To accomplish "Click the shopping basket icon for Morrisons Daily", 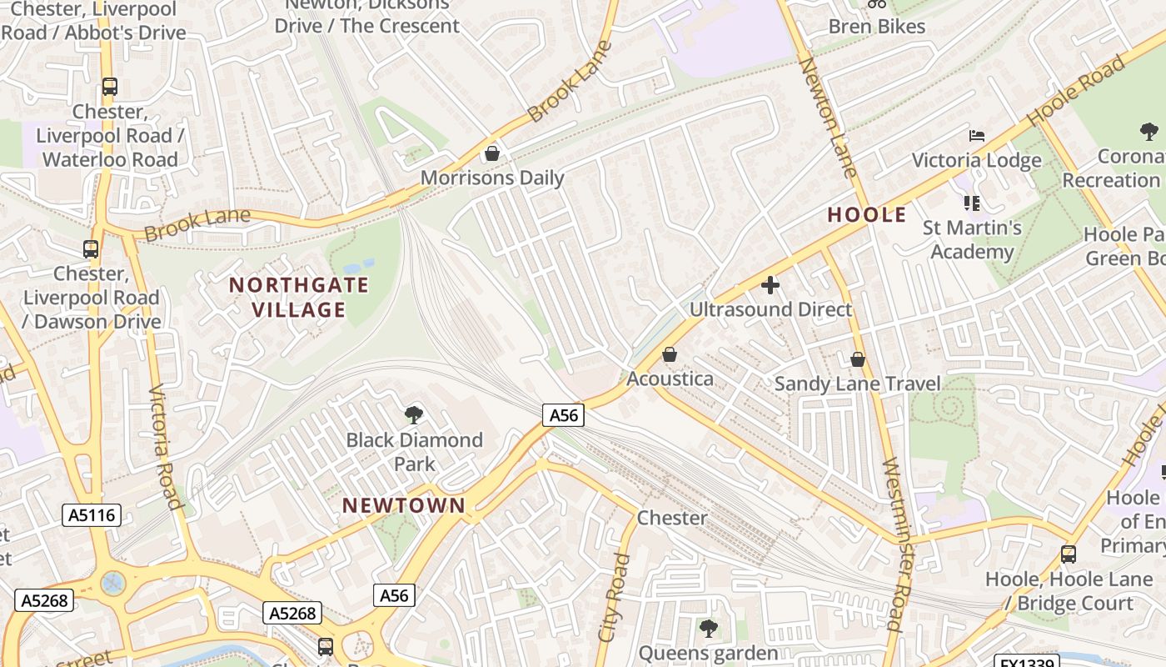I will (x=492, y=153).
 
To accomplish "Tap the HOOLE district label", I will (x=866, y=215).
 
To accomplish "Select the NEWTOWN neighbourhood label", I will (x=404, y=505).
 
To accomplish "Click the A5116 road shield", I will (x=92, y=516).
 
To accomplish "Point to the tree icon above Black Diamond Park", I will (x=413, y=414).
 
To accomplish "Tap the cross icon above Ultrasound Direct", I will (x=770, y=286).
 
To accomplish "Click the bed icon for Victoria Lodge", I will (x=976, y=136).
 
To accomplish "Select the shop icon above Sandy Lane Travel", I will (x=857, y=359).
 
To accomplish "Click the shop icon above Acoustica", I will (x=669, y=355).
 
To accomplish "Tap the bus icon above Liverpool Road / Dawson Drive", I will (x=91, y=248).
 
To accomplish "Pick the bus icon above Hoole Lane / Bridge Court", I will (x=1068, y=554).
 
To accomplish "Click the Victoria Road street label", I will (x=165, y=446).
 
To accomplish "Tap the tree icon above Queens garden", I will (x=708, y=628).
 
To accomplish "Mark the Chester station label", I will (x=671, y=518).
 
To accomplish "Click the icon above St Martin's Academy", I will (x=971, y=203).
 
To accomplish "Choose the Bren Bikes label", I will (x=876, y=27).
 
